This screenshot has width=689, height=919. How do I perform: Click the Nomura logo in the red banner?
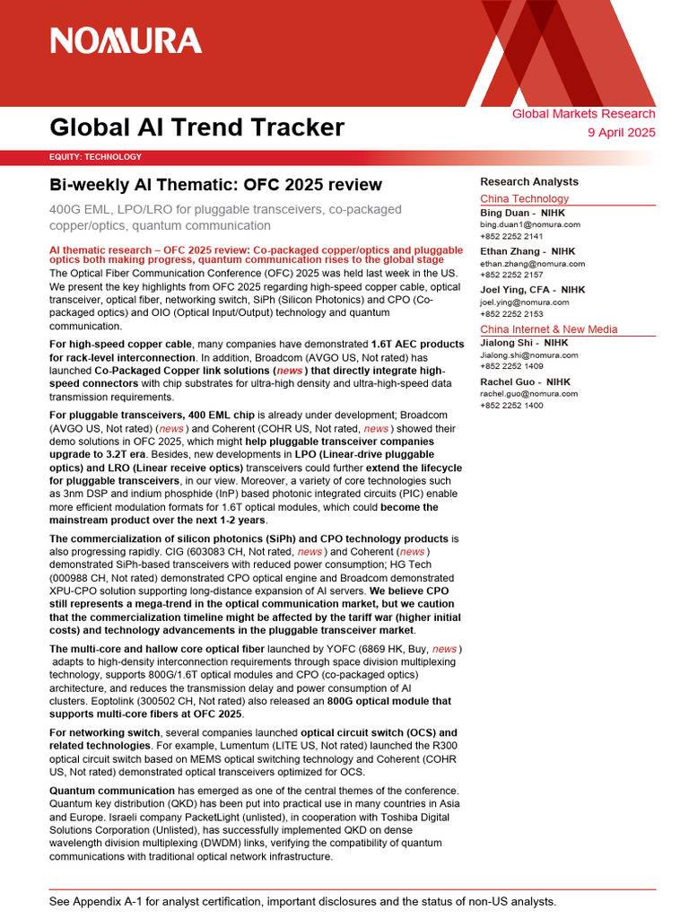tap(126, 40)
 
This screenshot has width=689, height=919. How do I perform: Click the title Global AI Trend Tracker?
tap(196, 127)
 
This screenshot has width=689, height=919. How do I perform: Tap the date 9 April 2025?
tap(621, 132)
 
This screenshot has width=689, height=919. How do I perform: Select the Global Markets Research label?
tap(583, 114)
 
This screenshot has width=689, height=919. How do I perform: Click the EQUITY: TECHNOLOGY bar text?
tap(95, 157)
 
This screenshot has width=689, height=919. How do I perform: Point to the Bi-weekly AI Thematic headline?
tap(215, 185)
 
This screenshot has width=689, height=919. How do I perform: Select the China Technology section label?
tap(524, 198)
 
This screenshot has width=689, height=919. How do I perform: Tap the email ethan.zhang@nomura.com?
tap(532, 264)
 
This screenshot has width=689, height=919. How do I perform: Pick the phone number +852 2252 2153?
tap(511, 314)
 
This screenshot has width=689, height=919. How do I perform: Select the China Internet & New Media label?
tap(548, 329)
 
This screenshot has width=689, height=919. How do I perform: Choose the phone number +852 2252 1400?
tap(511, 406)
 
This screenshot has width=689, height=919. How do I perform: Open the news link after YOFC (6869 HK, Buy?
tap(445, 648)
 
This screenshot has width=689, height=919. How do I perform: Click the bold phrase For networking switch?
tap(105, 732)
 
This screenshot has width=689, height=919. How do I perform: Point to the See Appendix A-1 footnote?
tap(302, 901)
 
